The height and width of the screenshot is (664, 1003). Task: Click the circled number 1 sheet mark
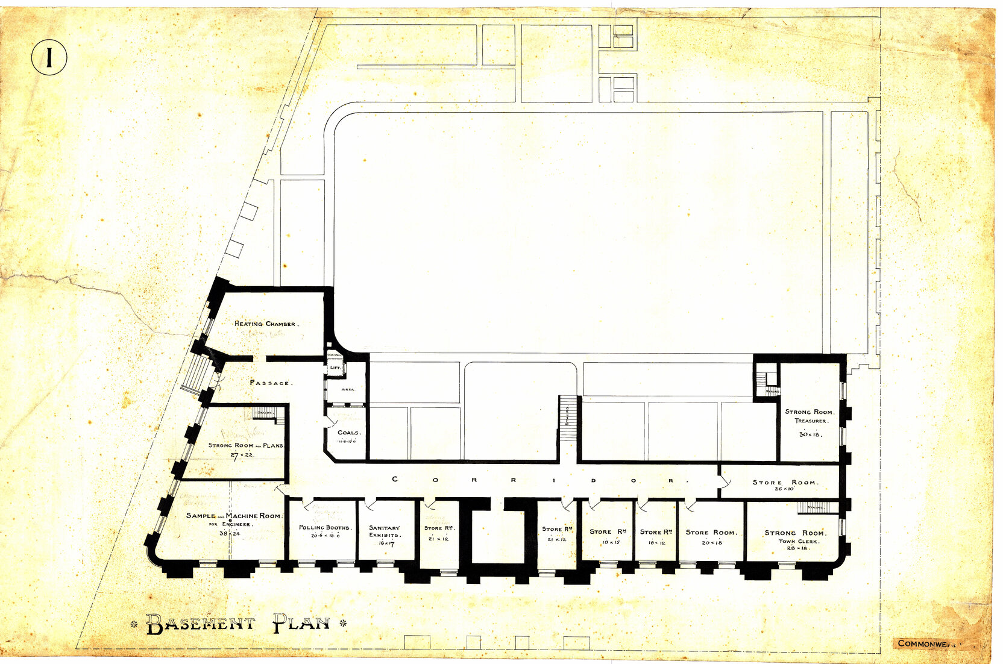[49, 57]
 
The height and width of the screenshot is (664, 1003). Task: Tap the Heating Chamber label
[265, 324]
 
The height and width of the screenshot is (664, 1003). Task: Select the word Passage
[271, 383]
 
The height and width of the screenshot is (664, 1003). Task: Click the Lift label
[335, 367]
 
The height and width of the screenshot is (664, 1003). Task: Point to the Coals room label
[348, 433]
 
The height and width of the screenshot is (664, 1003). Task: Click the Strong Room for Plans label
[245, 445]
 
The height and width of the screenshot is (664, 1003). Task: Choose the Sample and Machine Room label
[233, 516]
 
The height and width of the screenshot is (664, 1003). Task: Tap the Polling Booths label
[324, 527]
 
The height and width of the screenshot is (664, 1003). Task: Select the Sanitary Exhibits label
[385, 531]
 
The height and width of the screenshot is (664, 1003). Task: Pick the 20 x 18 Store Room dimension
[712, 542]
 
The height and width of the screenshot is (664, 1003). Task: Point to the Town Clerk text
[799, 541]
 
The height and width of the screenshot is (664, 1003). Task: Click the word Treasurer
[810, 421]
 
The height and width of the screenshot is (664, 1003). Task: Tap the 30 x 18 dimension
[810, 434]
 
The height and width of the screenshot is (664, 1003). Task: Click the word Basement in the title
[201, 624]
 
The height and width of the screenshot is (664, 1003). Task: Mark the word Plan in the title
[301, 623]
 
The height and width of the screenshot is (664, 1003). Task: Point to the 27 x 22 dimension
[242, 455]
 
